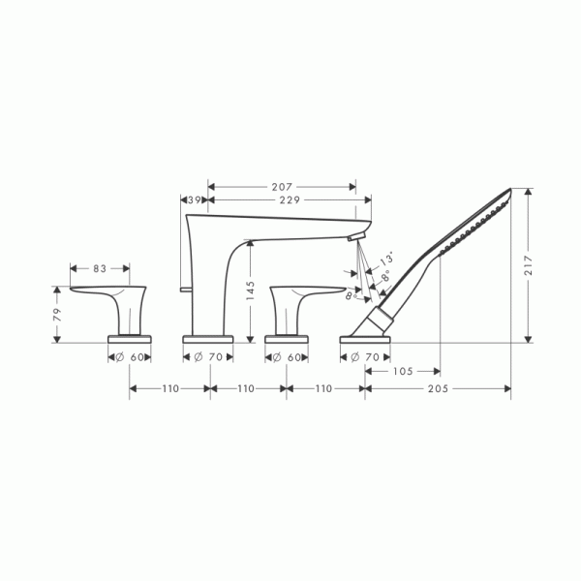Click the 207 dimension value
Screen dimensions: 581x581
(x=282, y=187)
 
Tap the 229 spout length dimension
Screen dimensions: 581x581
(x=290, y=200)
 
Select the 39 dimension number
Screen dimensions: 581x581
(x=195, y=200)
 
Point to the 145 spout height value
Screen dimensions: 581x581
(x=251, y=290)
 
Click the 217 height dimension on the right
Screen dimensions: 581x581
(x=528, y=265)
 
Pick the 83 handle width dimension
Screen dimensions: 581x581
(x=100, y=268)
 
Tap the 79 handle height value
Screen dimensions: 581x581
(x=57, y=315)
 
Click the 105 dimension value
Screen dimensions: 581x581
(x=403, y=371)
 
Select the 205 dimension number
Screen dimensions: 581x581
(x=438, y=388)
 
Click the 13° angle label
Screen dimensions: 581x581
(x=386, y=258)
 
